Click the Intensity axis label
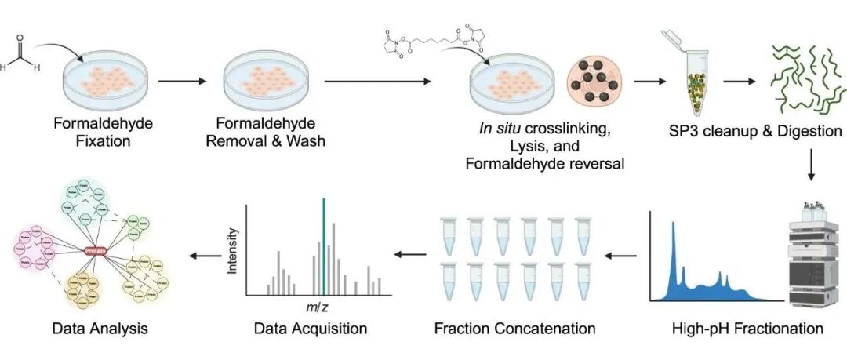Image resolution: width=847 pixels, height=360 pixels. [x=232, y=252]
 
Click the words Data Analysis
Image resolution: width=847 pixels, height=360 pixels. [x=99, y=329]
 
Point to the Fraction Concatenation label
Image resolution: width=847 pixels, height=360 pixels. [x=514, y=329]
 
